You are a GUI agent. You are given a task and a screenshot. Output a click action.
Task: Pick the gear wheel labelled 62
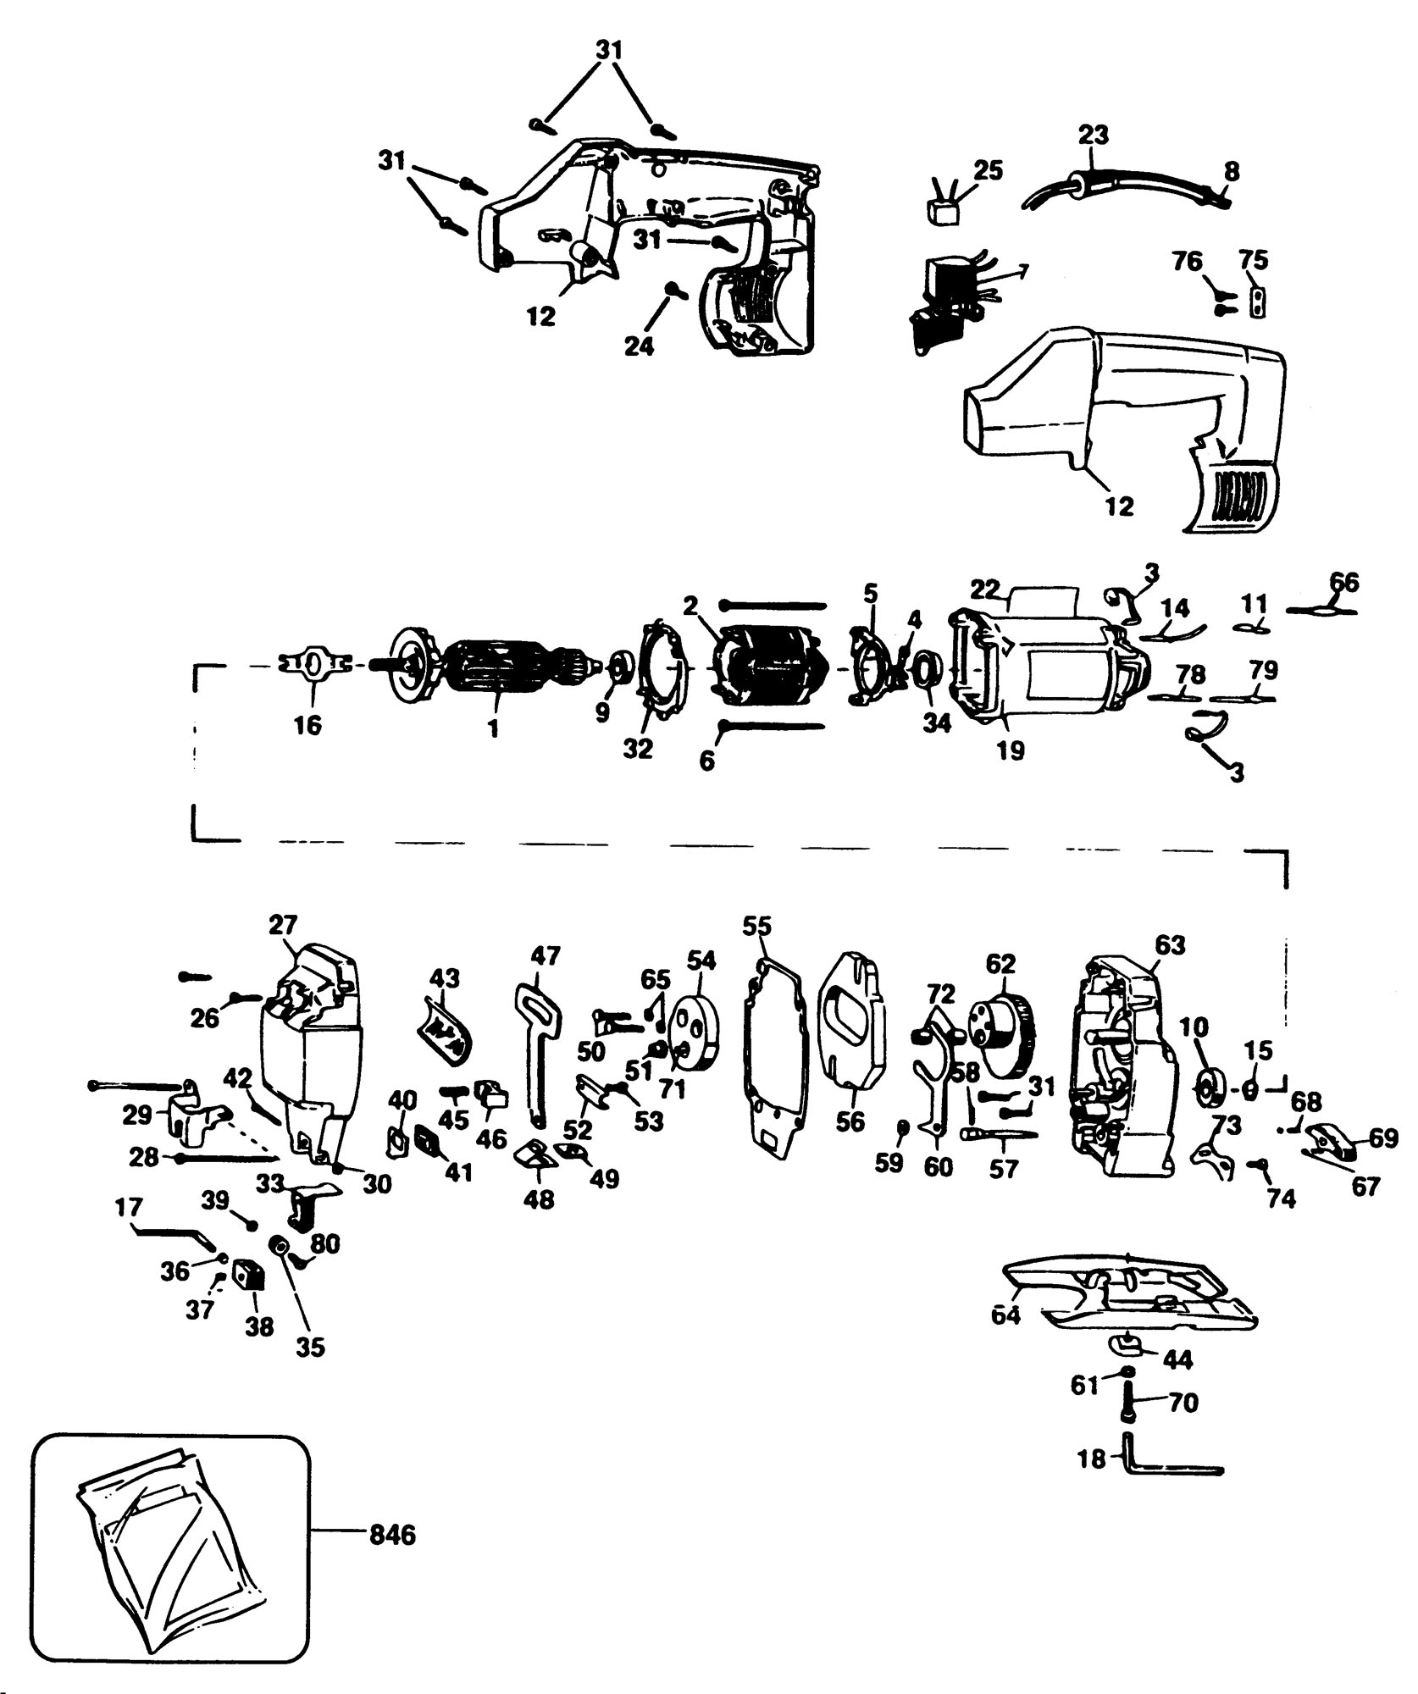pos(1002,1038)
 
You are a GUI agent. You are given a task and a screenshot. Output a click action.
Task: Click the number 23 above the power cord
pos(1094,134)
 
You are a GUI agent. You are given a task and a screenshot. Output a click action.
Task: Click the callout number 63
pos(1169,944)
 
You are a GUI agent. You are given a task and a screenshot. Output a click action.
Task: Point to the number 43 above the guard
pos(445,978)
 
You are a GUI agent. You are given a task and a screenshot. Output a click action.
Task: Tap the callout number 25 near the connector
pos(988,170)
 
